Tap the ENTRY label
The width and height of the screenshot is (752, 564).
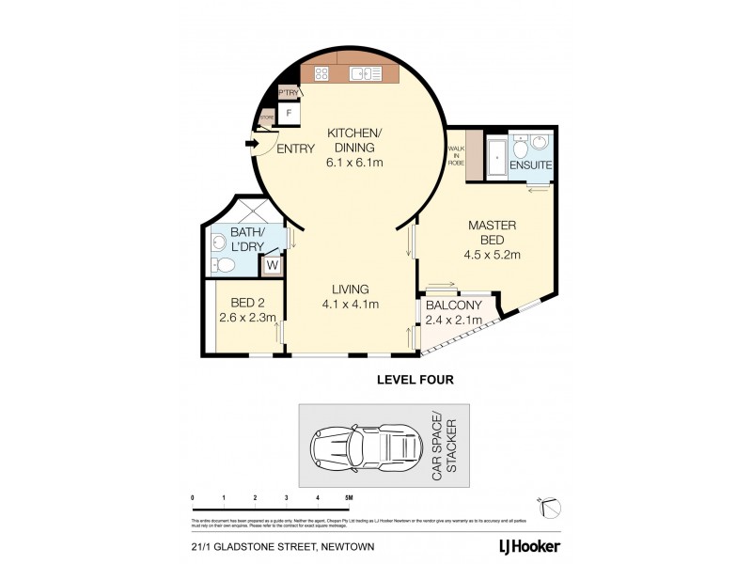point(295,149)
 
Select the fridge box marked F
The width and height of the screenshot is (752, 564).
point(290,113)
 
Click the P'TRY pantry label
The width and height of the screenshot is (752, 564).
point(287,92)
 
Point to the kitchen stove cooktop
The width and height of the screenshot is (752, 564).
point(321,73)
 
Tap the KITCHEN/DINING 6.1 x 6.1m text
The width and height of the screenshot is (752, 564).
point(354,148)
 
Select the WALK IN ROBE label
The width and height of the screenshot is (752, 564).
point(456,154)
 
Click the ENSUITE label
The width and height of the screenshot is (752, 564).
point(529,166)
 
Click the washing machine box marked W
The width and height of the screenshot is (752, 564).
point(273,265)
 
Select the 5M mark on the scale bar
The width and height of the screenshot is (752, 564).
point(349,498)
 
